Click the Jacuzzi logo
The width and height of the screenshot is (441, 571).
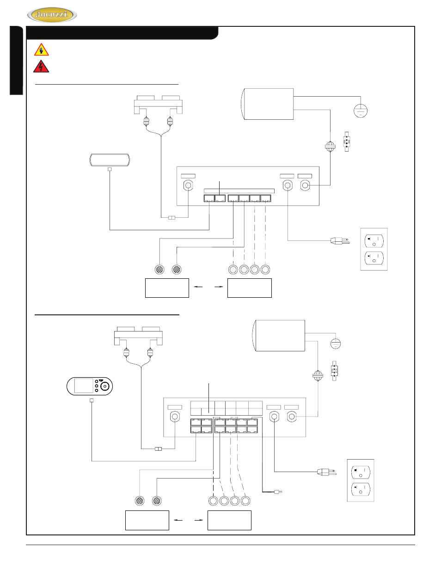(x=52, y=15)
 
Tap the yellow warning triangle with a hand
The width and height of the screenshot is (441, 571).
(x=42, y=49)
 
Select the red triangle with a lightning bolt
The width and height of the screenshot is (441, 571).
(x=41, y=67)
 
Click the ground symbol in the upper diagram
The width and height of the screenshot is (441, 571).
(x=361, y=111)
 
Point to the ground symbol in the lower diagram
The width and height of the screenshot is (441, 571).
(x=336, y=344)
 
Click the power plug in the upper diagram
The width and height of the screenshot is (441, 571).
(x=340, y=240)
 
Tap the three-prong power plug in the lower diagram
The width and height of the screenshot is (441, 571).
(x=327, y=472)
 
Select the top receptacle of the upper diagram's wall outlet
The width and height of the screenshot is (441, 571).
(x=374, y=241)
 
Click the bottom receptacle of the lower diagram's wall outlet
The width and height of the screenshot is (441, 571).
(x=361, y=489)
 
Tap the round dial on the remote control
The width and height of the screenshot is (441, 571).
(x=105, y=387)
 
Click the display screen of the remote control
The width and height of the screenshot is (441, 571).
(x=84, y=386)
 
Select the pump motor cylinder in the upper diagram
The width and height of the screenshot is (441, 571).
(x=267, y=104)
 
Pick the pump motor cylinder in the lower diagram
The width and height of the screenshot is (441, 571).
(x=278, y=336)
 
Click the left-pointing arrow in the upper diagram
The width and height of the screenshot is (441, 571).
(x=198, y=287)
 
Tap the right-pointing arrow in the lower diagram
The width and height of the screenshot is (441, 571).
(x=199, y=520)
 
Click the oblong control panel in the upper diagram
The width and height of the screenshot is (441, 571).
(x=110, y=160)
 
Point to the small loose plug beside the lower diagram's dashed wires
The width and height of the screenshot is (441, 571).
(x=278, y=491)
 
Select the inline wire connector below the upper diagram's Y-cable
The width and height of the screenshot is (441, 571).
(x=171, y=218)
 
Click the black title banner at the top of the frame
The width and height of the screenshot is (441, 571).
(x=122, y=33)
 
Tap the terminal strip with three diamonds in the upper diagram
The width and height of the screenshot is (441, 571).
(x=346, y=142)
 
